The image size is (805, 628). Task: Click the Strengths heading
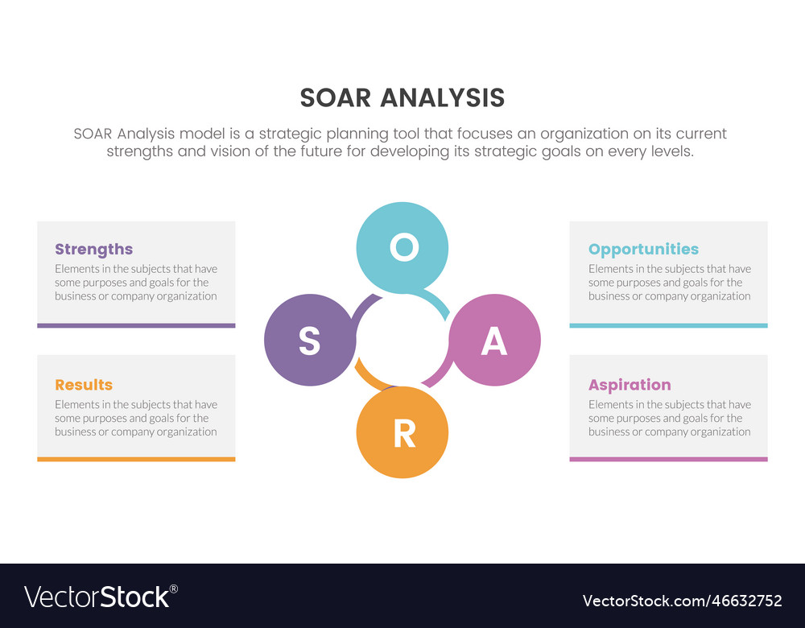tap(93, 250)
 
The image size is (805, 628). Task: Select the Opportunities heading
tap(643, 250)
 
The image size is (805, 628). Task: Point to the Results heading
tap(84, 385)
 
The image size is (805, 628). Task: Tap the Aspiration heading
tap(630, 385)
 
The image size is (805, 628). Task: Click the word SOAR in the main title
tap(335, 98)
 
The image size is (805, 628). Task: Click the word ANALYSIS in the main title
tap(442, 98)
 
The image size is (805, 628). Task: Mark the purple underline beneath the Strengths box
tap(136, 325)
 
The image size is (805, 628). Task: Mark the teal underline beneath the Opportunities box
tap(668, 325)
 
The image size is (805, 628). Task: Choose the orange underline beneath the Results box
tap(136, 459)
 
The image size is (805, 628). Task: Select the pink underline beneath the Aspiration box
tap(668, 459)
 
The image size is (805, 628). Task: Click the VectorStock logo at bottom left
tap(101, 597)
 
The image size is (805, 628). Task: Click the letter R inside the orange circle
tap(403, 434)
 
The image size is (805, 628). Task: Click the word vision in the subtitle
tap(232, 151)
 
